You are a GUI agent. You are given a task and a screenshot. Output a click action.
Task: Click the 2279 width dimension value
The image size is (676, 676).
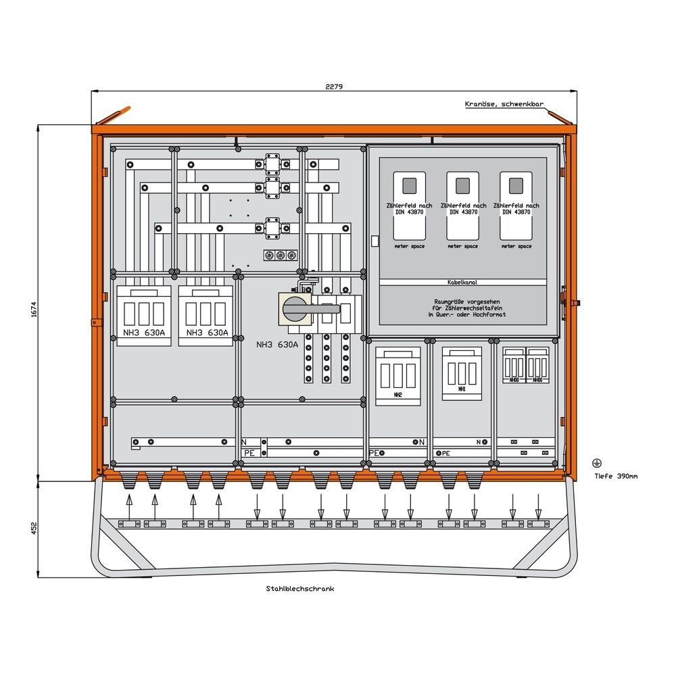(x=334, y=87)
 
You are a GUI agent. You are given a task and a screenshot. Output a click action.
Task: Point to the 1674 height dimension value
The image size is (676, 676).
(x=33, y=310)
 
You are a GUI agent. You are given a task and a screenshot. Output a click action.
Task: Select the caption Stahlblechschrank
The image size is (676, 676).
(x=300, y=589)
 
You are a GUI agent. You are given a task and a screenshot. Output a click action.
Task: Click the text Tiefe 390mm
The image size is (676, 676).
(x=615, y=476)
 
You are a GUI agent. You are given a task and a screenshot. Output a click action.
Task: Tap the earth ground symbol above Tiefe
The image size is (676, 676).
(x=596, y=463)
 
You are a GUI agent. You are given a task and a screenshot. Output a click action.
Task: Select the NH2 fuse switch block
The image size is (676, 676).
(x=398, y=376)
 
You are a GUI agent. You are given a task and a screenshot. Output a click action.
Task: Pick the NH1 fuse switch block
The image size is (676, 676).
(x=462, y=373)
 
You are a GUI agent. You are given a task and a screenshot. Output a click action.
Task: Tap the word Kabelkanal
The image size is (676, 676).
(x=462, y=282)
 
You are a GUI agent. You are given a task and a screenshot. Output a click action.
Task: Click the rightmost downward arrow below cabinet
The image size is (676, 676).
(x=538, y=504)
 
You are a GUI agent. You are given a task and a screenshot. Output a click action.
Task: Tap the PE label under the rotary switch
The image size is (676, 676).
(x=249, y=453)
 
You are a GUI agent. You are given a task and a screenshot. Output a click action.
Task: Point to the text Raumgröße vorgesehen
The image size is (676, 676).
(x=462, y=301)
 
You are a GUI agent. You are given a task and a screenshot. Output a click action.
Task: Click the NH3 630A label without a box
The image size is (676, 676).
(x=277, y=345)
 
